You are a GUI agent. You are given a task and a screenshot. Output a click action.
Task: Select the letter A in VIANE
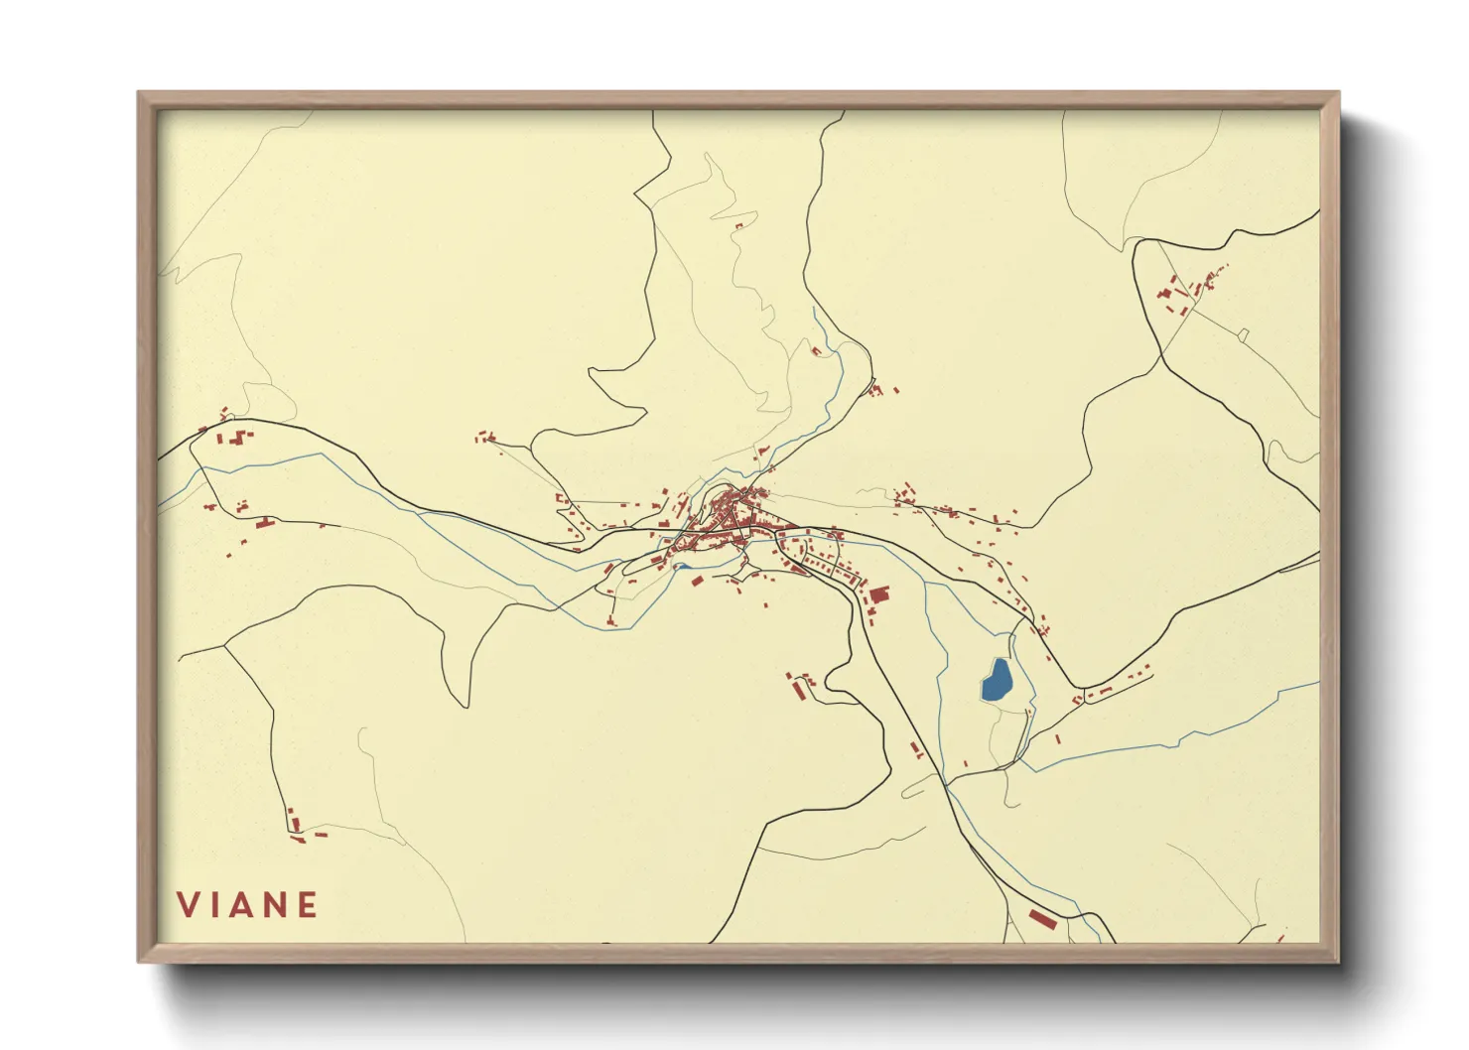247,905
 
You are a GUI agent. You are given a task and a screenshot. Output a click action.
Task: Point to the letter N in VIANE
278,905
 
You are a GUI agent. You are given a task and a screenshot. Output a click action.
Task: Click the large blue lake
997,681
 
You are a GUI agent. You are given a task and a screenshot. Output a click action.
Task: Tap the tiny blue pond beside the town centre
683,568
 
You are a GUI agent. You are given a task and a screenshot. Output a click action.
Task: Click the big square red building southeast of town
879,594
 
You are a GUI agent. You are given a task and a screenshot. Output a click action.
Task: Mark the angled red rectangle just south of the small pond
697,581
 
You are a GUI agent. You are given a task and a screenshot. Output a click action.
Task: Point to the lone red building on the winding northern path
738,226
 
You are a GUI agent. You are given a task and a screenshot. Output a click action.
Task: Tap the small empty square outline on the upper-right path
1243,334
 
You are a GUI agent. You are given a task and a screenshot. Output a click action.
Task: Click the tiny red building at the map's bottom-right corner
1281,937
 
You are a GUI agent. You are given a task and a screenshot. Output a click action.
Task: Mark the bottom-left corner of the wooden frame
140,961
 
